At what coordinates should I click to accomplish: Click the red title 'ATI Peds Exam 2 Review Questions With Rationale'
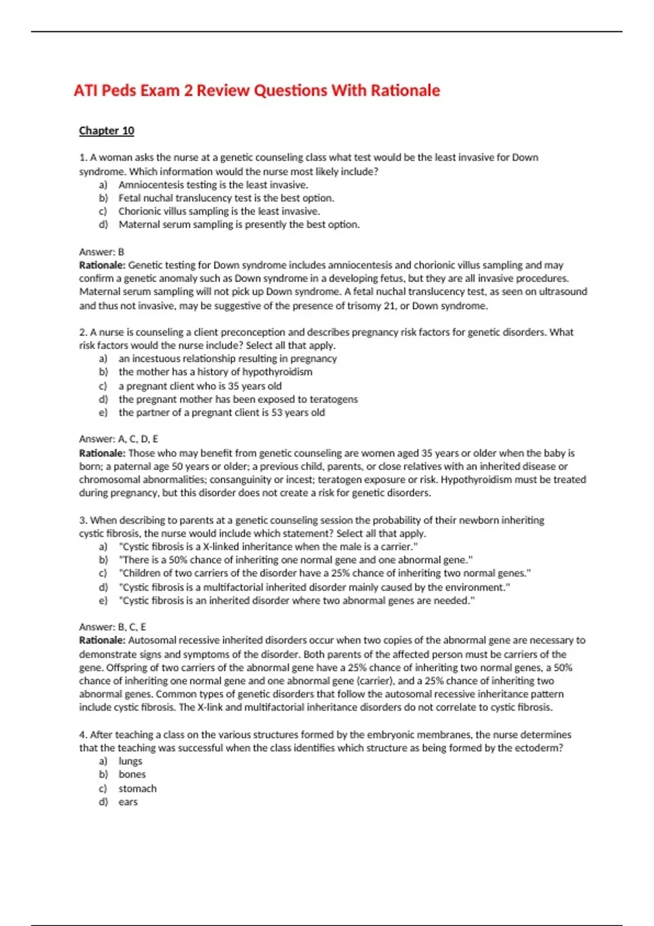[257, 90]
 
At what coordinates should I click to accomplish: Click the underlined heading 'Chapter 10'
[106, 131]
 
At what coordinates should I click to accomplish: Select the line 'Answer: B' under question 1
[102, 252]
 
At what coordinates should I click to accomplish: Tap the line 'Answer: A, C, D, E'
[118, 439]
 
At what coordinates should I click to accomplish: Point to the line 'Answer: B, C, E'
[112, 627]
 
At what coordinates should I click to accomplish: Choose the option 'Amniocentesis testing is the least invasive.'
[213, 185]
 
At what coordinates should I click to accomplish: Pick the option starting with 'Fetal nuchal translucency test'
[226, 198]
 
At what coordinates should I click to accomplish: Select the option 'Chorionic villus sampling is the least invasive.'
[219, 211]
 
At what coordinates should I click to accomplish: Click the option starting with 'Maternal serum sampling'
[239, 224]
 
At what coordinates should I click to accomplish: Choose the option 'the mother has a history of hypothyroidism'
[215, 372]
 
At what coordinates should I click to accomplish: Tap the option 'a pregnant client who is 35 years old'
[200, 386]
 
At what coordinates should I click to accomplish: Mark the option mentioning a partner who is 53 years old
[222, 413]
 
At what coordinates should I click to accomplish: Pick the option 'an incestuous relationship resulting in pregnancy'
[228, 359]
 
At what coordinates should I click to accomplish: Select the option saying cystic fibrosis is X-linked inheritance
[268, 547]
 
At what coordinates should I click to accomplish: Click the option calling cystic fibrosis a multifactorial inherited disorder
[314, 588]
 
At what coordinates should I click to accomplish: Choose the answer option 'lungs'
[130, 761]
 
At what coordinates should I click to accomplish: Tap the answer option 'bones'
[132, 775]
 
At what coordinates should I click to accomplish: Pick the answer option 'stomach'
[137, 789]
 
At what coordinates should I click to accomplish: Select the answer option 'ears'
[128, 802]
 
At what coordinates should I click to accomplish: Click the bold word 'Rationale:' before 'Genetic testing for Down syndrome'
[102, 265]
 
